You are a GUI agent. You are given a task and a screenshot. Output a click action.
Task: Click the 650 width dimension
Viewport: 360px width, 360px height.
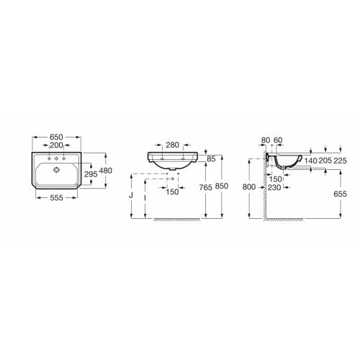56,137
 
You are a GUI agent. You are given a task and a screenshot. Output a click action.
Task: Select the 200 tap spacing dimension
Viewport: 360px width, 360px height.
56,145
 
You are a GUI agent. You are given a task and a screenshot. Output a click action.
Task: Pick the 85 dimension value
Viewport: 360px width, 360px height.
211,159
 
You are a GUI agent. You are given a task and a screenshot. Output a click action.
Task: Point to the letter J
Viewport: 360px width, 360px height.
131,194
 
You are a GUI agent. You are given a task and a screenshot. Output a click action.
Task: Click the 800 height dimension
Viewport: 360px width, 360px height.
249,187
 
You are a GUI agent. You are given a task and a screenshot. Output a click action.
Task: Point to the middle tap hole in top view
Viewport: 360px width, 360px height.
56,158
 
